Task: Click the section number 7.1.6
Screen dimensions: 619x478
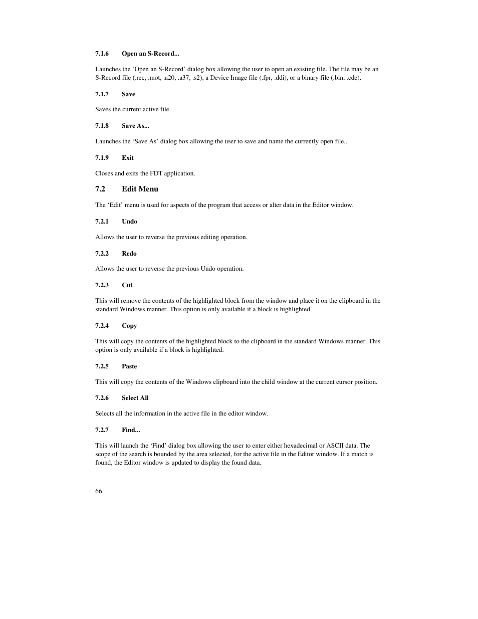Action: [102, 54]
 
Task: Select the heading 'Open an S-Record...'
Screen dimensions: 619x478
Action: [150, 54]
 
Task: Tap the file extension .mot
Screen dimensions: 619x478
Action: [155, 78]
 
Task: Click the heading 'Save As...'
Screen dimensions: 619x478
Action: [135, 126]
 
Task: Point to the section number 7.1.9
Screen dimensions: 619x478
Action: [102, 158]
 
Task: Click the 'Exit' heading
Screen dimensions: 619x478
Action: [128, 158]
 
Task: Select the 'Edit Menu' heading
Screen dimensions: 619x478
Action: [140, 189]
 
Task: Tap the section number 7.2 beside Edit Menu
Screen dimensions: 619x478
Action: [100, 189]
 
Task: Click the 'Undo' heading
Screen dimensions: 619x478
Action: [129, 222]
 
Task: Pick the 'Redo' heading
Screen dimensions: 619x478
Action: [129, 254]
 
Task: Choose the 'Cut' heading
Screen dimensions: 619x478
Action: [127, 285]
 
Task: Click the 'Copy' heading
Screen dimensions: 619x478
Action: [129, 326]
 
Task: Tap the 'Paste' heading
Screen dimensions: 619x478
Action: [129, 366]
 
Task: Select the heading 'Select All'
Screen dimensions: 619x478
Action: [135, 398]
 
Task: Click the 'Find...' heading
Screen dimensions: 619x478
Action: [131, 430]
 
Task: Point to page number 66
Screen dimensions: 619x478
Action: [99, 491]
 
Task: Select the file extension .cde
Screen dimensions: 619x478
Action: [353, 78]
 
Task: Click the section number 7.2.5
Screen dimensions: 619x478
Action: [102, 366]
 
